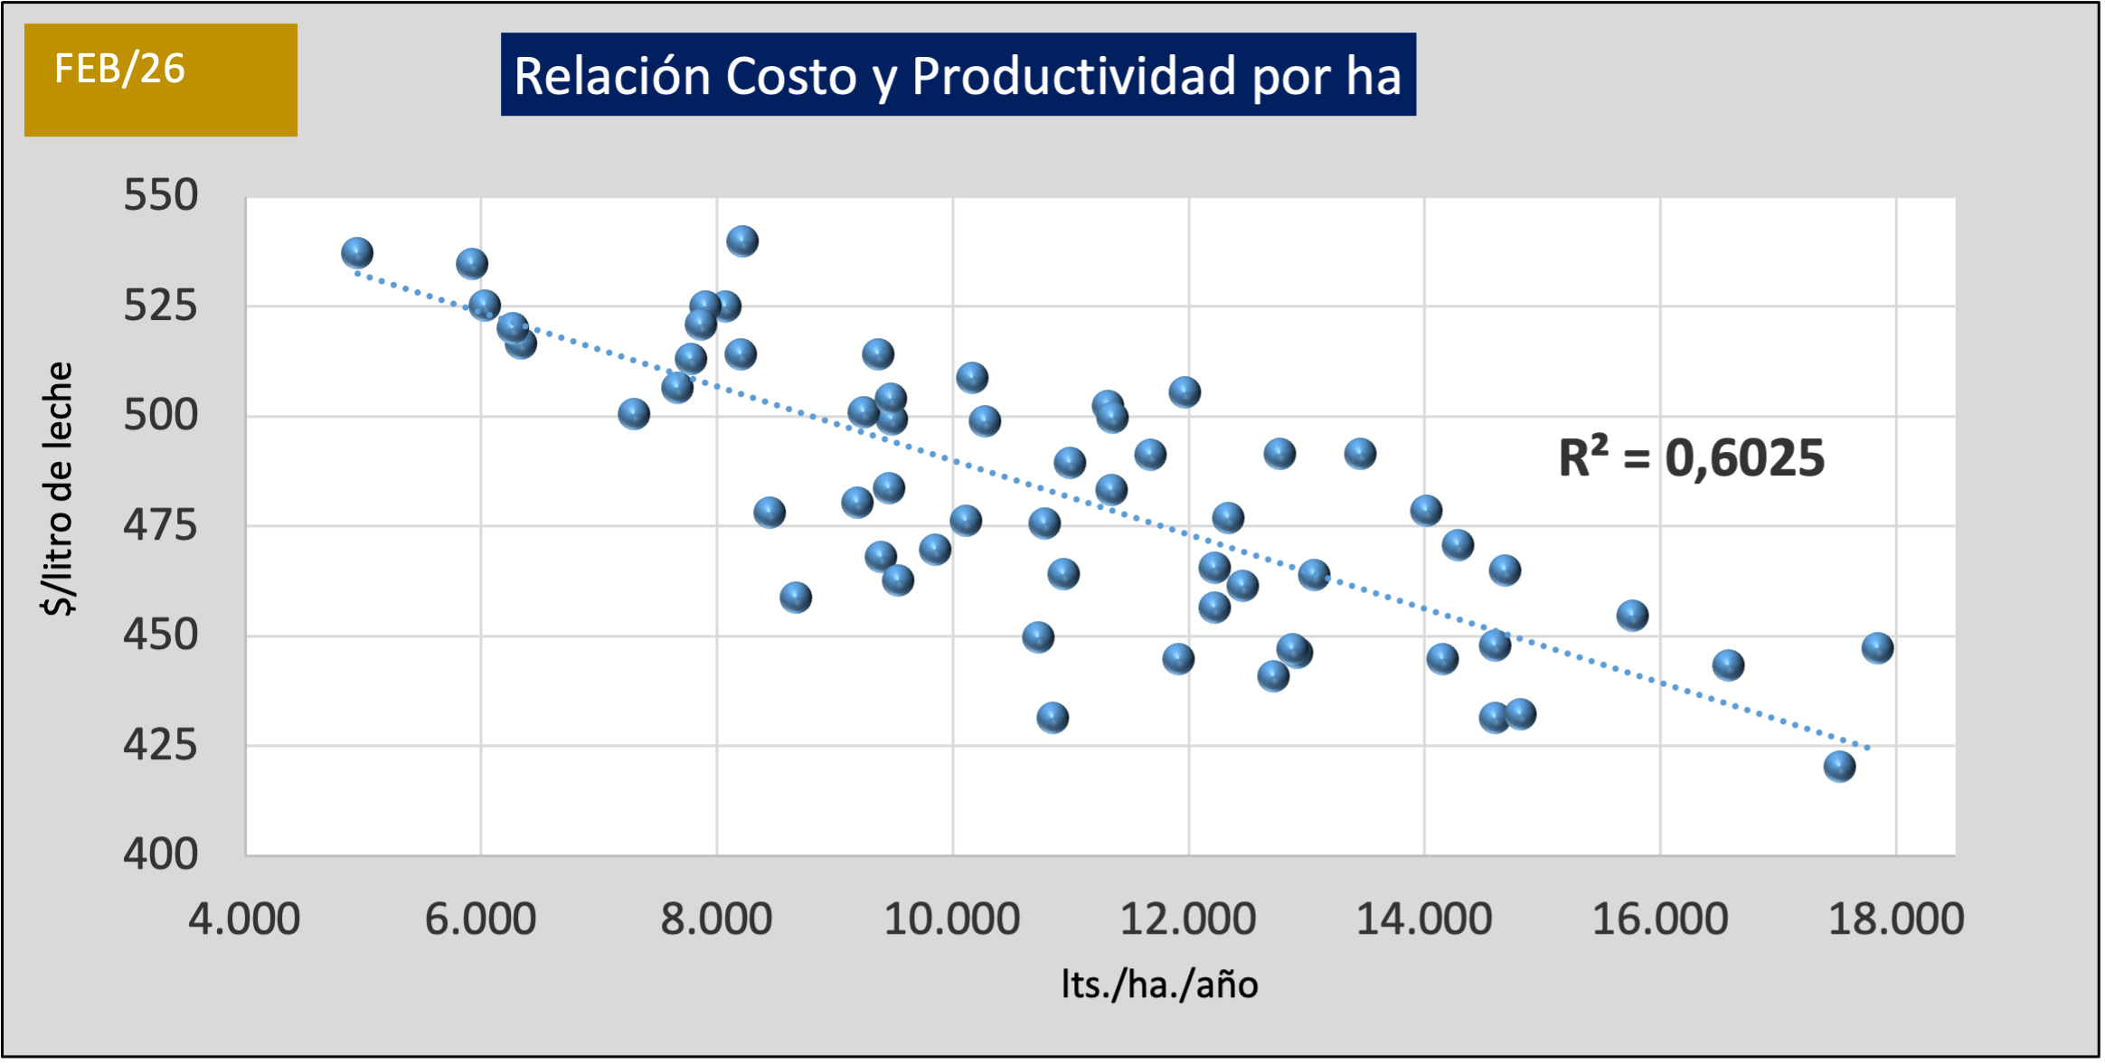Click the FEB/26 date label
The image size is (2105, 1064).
tap(119, 70)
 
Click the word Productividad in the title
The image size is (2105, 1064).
tap(1074, 76)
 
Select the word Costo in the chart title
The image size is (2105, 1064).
tap(790, 76)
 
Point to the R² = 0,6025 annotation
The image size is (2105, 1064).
tap(1691, 457)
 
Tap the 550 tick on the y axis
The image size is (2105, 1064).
tap(161, 195)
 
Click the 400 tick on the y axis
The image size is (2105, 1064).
tap(161, 854)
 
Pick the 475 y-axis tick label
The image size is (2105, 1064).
tap(161, 525)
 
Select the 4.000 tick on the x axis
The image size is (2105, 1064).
tap(244, 919)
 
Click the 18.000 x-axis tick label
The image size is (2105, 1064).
tap(1896, 919)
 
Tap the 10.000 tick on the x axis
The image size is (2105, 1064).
tap(952, 919)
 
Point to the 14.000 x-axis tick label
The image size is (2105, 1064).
tap(1424, 919)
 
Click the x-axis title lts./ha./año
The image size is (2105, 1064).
tap(1159, 984)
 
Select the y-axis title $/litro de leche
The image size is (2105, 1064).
tap(59, 488)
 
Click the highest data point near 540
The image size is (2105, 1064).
tap(742, 241)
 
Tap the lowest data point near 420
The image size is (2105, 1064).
tap(1839, 767)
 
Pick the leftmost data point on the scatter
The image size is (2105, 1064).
tap(357, 253)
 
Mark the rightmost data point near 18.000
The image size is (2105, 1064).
tap(1877, 647)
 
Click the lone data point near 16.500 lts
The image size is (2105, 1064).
tap(1728, 665)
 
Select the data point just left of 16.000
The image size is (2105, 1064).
tap(1632, 616)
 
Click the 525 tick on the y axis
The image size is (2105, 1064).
tap(161, 306)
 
